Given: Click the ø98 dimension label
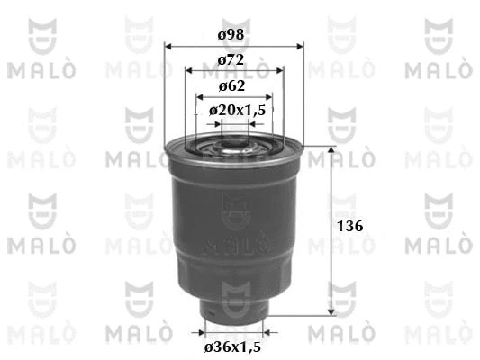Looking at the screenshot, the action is click(231, 34).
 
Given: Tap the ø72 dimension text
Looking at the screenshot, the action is click(231, 59).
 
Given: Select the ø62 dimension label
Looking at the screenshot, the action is click(231, 85).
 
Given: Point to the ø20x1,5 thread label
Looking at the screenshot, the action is click(237, 110).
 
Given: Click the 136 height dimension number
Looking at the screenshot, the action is click(350, 226).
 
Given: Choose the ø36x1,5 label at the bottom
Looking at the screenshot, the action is click(232, 346).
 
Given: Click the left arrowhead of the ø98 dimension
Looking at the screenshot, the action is click(168, 47).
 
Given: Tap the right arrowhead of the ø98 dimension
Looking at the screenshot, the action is click(300, 47).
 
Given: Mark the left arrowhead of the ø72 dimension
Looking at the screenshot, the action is click(189, 71).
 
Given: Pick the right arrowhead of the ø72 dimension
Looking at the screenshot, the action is click(280, 71).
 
